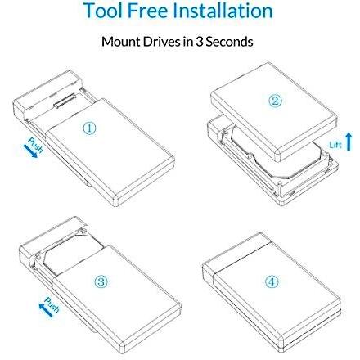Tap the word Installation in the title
click(x=223, y=11)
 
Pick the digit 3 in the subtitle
click(x=199, y=42)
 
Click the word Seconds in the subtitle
click(x=229, y=42)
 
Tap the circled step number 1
click(x=89, y=128)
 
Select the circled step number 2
click(x=275, y=101)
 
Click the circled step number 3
click(x=101, y=281)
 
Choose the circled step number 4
click(x=272, y=281)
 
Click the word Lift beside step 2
click(x=335, y=144)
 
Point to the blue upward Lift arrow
click(x=349, y=141)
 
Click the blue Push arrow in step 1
click(x=30, y=151)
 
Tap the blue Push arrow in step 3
click(x=46, y=310)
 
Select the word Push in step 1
click(x=36, y=146)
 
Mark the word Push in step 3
click(x=52, y=304)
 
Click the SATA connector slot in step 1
click(x=65, y=101)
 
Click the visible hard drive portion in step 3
click(x=72, y=253)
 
